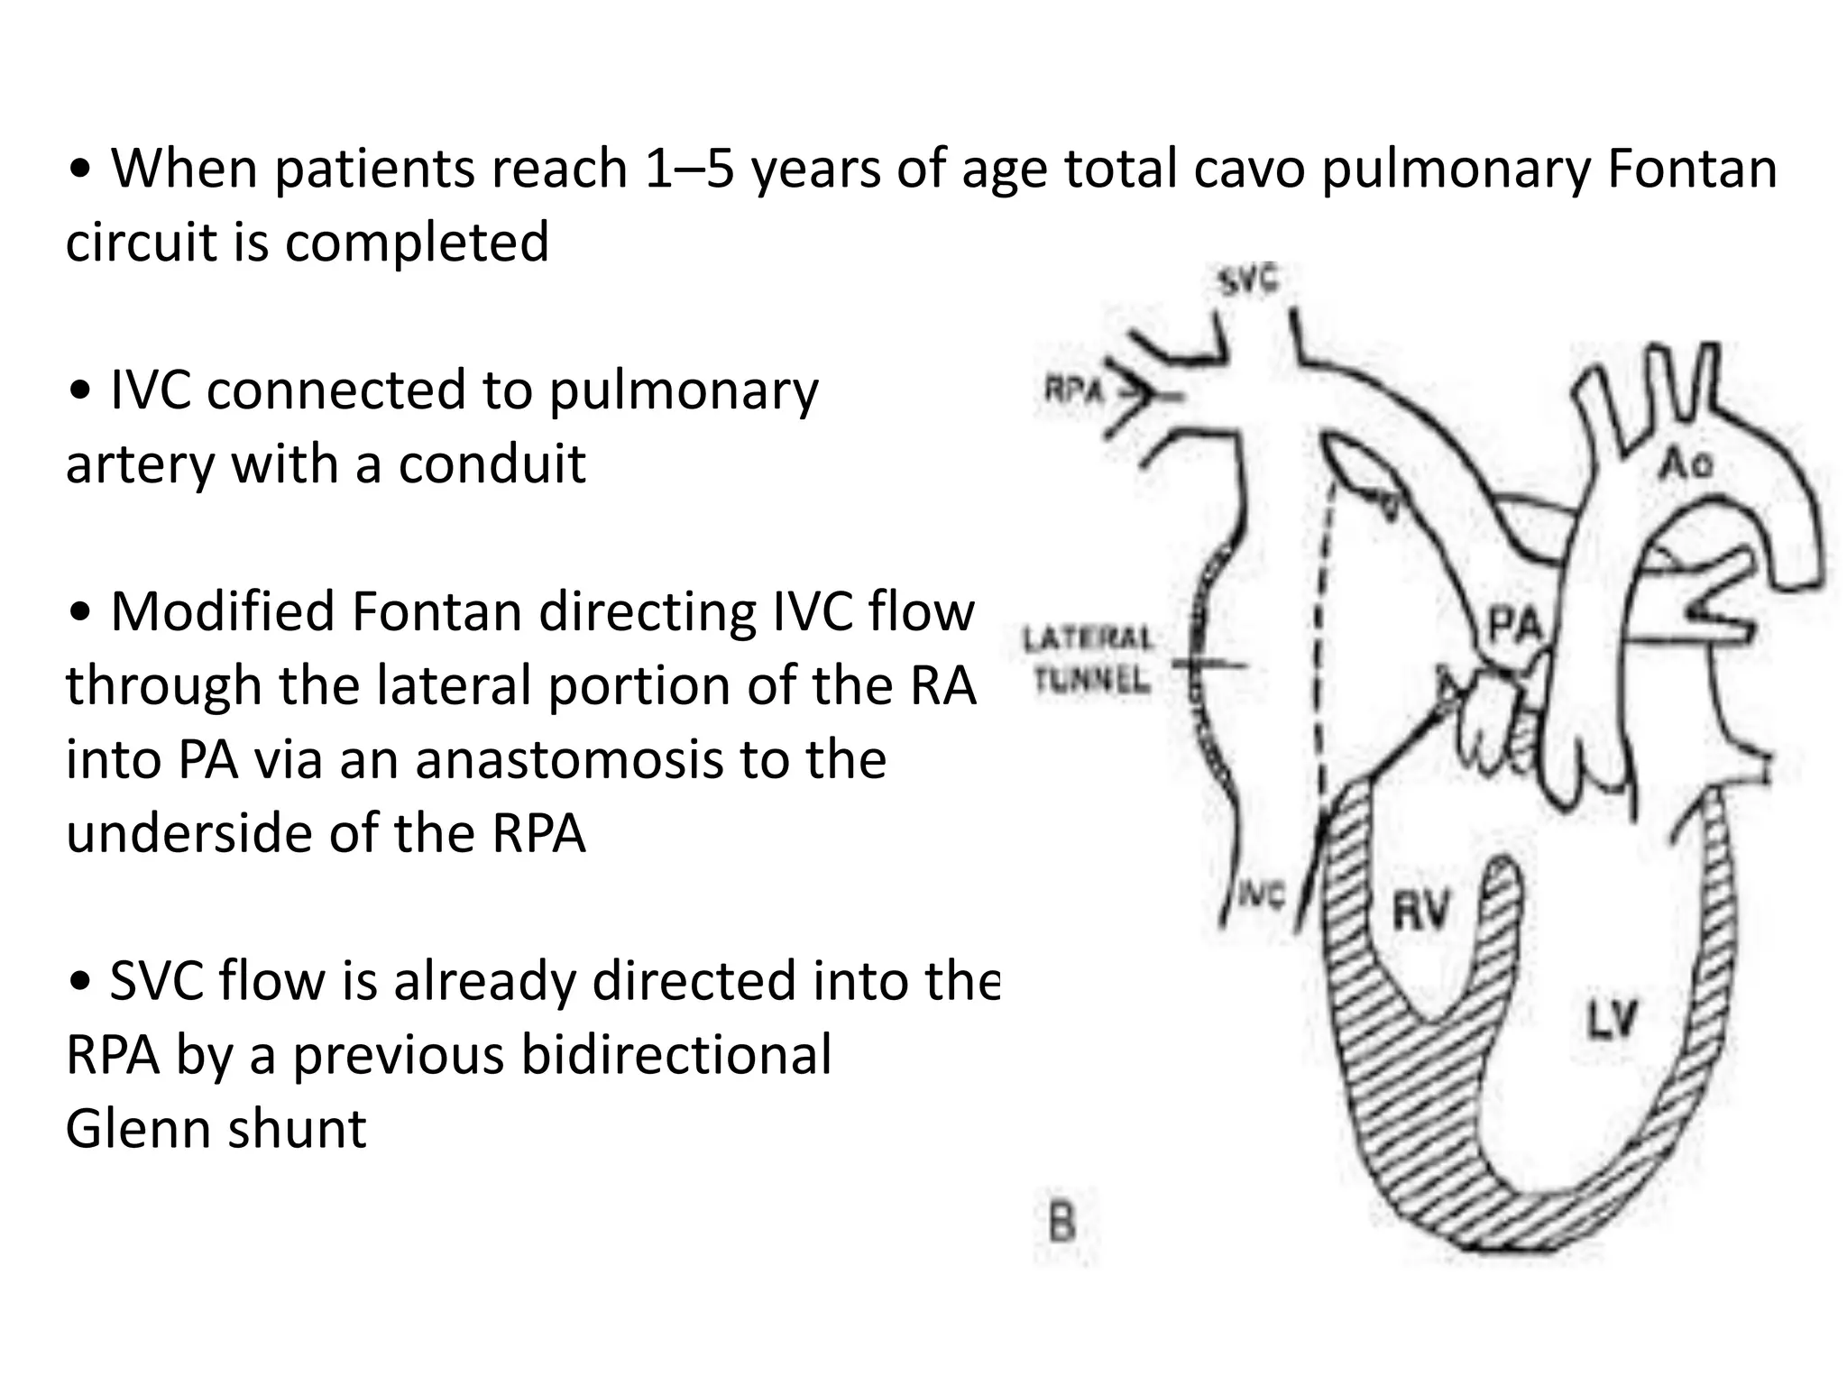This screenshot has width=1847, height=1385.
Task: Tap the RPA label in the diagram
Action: coord(1073,390)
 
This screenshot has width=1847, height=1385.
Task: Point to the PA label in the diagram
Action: coord(1514,624)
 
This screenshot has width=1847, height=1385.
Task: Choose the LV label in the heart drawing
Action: coord(1612,1019)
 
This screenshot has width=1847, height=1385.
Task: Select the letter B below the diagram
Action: coord(1062,1224)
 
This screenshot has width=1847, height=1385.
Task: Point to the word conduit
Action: coord(492,464)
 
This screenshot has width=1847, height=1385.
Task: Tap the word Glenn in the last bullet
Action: coord(139,1128)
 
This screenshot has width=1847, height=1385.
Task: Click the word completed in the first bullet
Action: coord(417,243)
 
